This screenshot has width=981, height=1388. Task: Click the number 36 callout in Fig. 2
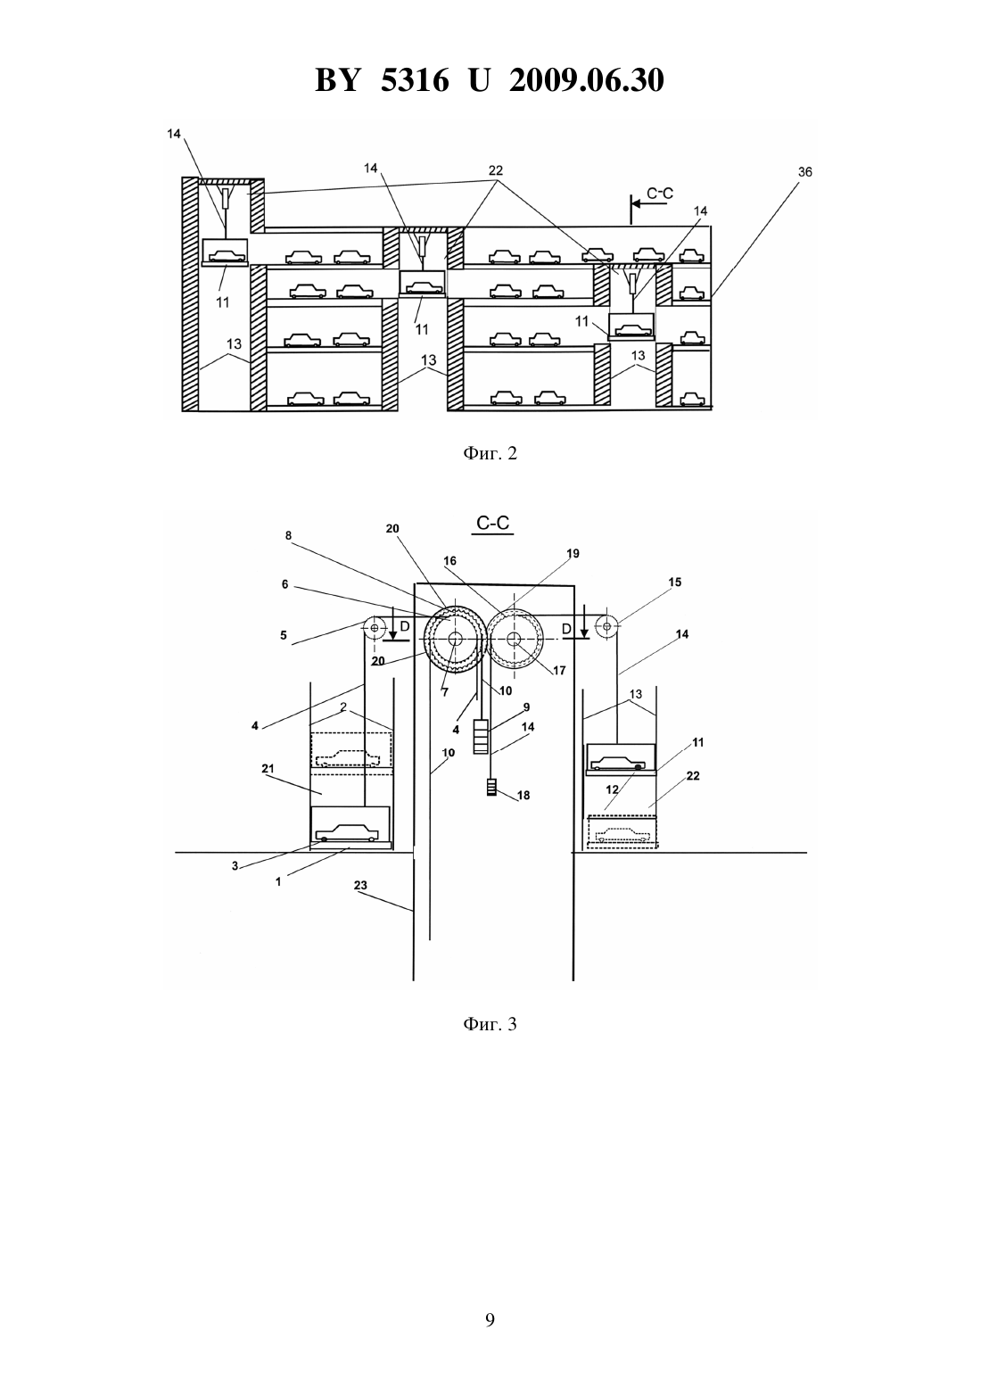click(x=804, y=171)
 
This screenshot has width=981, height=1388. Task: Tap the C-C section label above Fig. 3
click(x=493, y=524)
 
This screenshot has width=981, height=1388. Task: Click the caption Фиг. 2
click(x=490, y=453)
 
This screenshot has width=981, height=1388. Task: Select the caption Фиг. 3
click(x=490, y=1024)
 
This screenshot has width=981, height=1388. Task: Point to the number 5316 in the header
click(x=415, y=80)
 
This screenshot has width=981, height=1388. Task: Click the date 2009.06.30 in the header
click(x=587, y=80)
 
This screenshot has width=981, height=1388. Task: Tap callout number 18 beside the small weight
click(x=524, y=795)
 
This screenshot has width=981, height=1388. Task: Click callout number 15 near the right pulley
click(x=675, y=582)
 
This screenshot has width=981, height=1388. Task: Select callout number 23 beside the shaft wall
click(x=360, y=886)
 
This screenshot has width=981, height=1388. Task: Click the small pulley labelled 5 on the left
click(x=374, y=627)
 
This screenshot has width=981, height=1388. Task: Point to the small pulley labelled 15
click(x=606, y=626)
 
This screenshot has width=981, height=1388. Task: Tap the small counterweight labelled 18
click(x=492, y=788)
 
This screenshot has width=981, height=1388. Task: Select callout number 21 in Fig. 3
click(x=268, y=768)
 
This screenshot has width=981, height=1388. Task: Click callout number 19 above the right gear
click(x=573, y=553)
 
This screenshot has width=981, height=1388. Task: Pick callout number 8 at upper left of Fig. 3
click(x=289, y=535)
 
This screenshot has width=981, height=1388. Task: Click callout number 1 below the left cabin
click(x=278, y=881)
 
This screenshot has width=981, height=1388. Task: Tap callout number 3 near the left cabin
click(x=235, y=866)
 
